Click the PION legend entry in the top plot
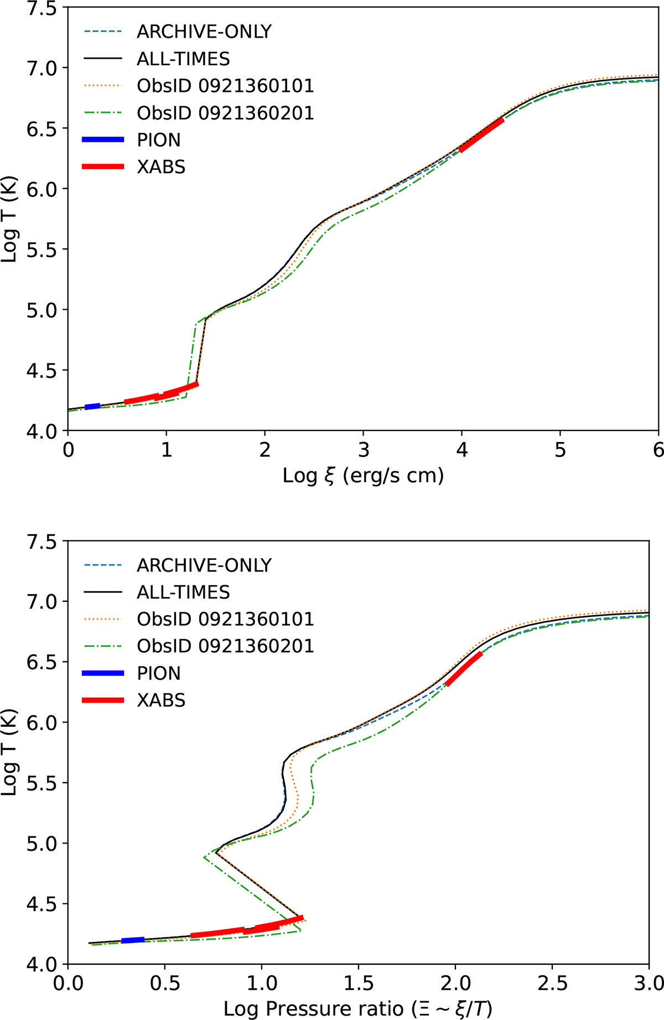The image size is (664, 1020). [159, 140]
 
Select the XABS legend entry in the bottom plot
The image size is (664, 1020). [161, 700]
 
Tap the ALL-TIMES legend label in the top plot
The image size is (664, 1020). [183, 59]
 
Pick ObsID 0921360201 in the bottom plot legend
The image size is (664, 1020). [225, 646]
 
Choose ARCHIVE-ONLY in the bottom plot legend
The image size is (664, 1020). [204, 565]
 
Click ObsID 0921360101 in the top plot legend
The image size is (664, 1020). [225, 86]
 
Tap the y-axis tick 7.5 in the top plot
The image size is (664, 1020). [41, 9]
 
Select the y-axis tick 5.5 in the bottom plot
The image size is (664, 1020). [41, 783]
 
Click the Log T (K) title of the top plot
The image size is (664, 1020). [10, 220]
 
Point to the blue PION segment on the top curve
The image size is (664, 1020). [92, 407]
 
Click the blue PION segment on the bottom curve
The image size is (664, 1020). [133, 940]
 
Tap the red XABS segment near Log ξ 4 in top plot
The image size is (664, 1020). [481, 134]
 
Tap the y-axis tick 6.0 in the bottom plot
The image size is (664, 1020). [41, 722]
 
